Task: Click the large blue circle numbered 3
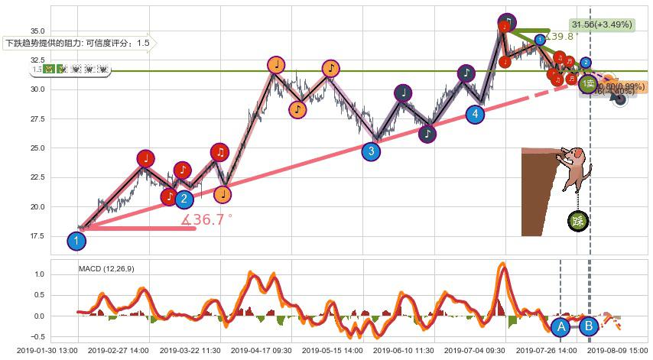(371, 151)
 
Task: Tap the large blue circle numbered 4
(475, 115)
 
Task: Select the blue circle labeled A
(560, 326)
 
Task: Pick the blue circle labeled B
(589, 326)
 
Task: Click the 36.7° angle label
(206, 219)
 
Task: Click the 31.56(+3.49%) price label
(601, 24)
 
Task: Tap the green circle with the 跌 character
(578, 222)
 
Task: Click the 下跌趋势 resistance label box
(76, 44)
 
